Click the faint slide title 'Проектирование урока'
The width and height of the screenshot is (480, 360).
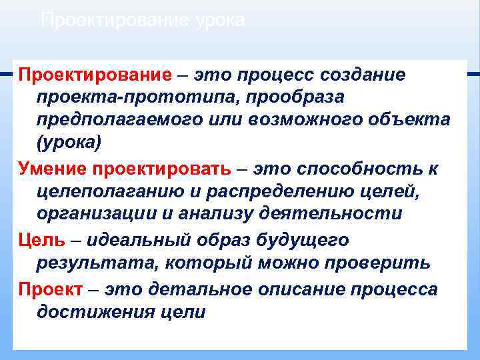(143, 21)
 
